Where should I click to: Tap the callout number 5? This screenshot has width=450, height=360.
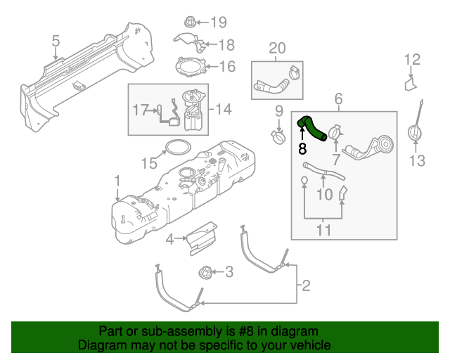[x=56, y=44]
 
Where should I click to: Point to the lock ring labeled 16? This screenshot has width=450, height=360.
[x=188, y=67]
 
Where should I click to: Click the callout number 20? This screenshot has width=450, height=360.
[x=277, y=48]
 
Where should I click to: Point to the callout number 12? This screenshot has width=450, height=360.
[x=412, y=60]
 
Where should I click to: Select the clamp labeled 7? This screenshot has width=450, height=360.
[x=334, y=131]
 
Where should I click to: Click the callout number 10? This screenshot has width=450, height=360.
[x=323, y=193]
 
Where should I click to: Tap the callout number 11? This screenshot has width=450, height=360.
[x=323, y=229]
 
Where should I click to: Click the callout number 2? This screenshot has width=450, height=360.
[x=305, y=285]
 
